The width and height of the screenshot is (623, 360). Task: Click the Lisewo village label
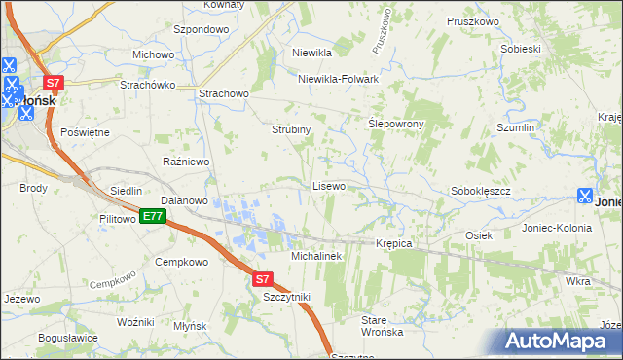[x=328, y=186]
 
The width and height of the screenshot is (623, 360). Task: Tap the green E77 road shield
[x=151, y=216]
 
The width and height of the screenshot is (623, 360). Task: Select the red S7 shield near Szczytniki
[x=262, y=279]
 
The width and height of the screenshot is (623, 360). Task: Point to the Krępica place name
[x=394, y=243]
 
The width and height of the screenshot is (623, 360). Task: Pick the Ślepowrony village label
[x=398, y=126]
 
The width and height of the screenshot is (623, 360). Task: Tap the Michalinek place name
[x=316, y=256]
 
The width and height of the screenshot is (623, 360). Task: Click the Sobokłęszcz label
[x=481, y=192]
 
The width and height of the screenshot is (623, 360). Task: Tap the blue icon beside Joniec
[x=584, y=195]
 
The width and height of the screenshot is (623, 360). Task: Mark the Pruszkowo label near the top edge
[x=472, y=21]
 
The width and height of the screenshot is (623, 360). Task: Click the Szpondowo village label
[x=201, y=30]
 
